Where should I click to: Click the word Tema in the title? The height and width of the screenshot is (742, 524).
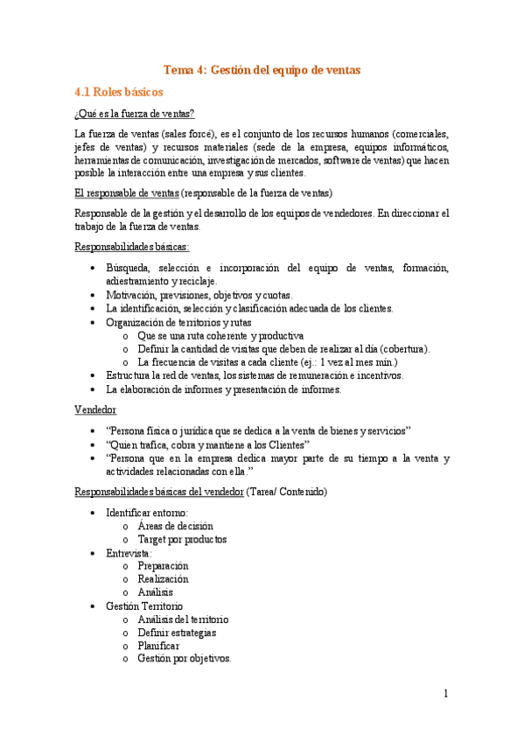pos(180,69)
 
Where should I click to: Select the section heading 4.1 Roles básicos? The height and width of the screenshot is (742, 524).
pos(118,91)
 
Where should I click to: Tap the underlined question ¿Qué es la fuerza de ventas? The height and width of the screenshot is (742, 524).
pos(134,114)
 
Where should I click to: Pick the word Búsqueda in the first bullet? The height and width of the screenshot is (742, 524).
pos(128,268)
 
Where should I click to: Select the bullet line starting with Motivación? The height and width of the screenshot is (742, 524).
pos(199,295)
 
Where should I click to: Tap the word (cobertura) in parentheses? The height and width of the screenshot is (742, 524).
pos(401,348)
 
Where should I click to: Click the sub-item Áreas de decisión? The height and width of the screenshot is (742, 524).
pos(175,526)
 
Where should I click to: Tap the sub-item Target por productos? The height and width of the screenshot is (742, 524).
pos(182,539)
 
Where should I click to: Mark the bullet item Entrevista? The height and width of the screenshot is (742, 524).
pos(129,553)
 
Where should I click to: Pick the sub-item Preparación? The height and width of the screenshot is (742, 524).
pos(163,566)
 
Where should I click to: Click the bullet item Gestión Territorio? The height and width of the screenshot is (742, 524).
pos(144,605)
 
